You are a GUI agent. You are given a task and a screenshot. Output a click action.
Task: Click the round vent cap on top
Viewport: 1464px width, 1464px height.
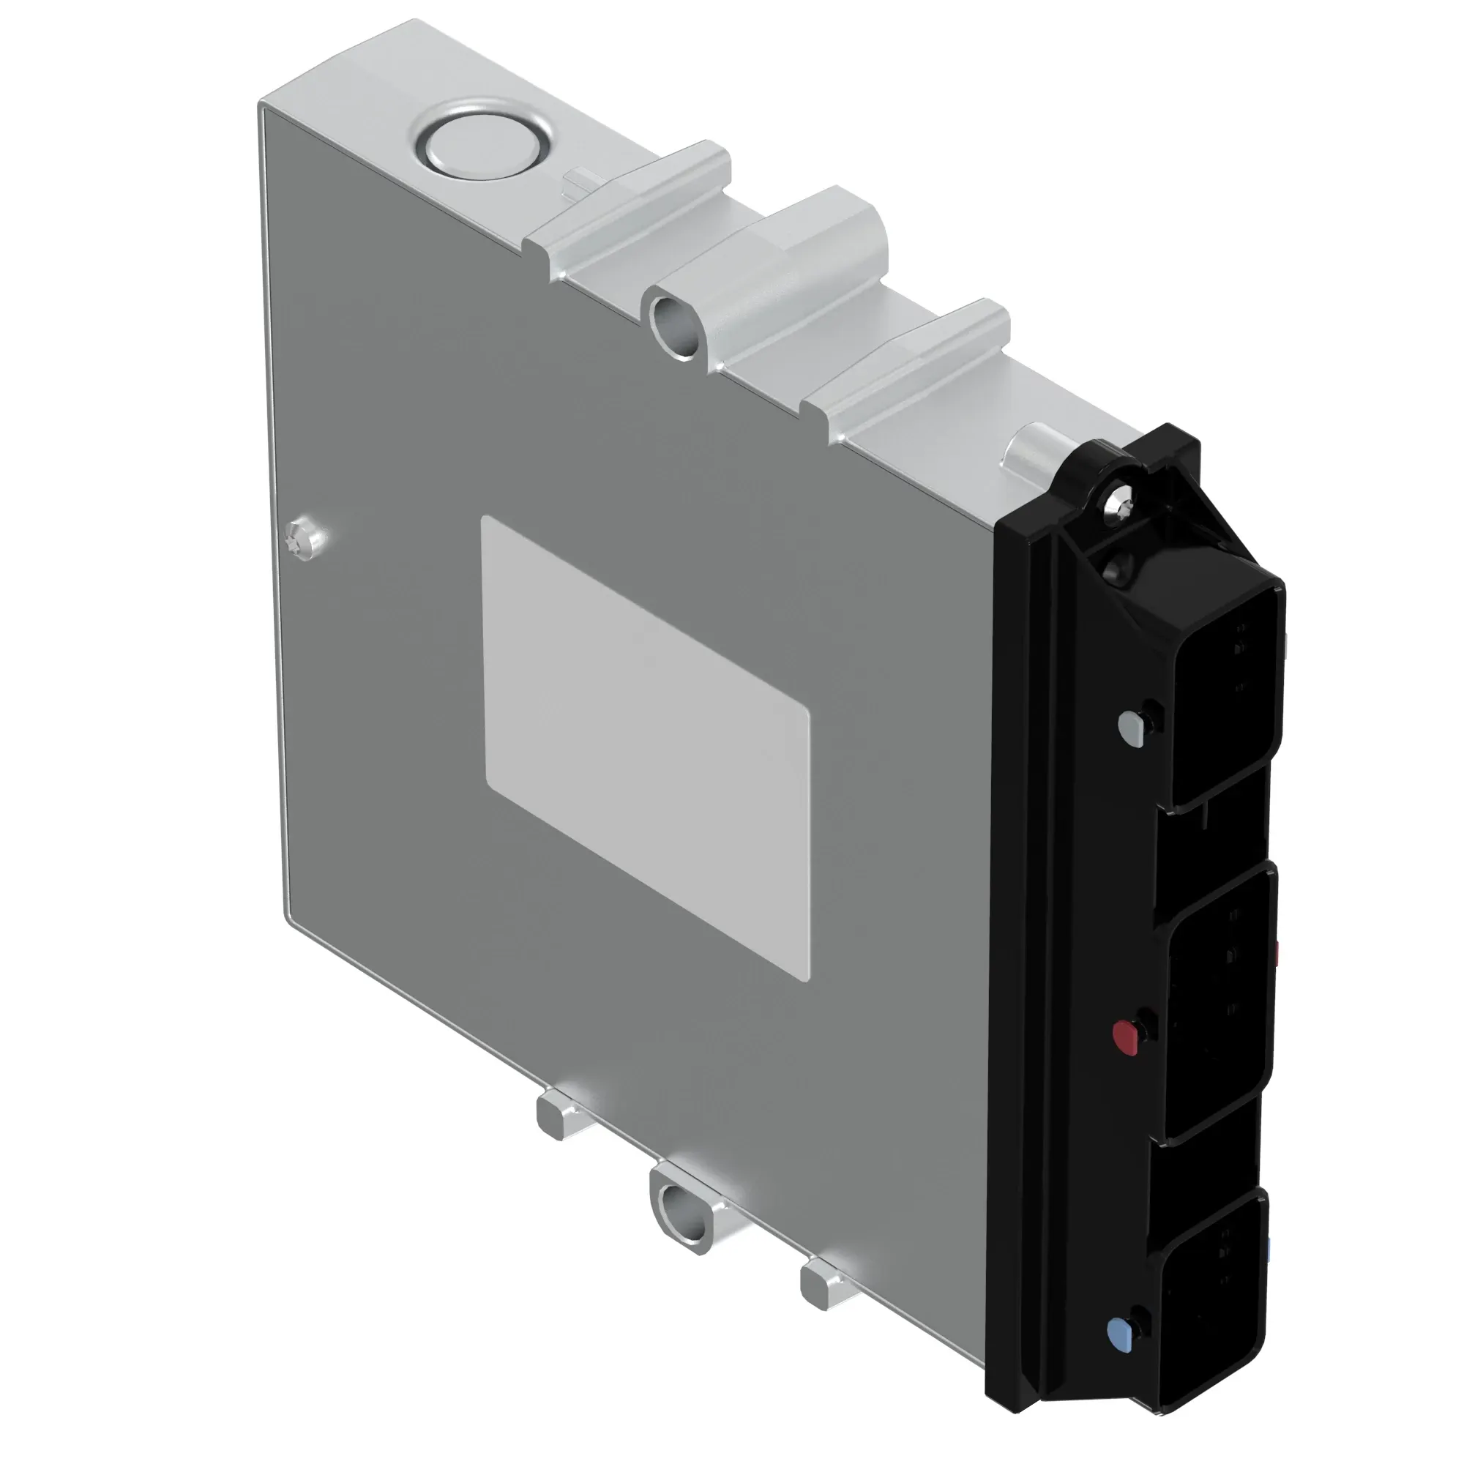(482, 146)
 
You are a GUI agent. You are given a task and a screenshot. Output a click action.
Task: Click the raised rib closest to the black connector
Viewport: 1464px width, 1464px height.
(909, 364)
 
